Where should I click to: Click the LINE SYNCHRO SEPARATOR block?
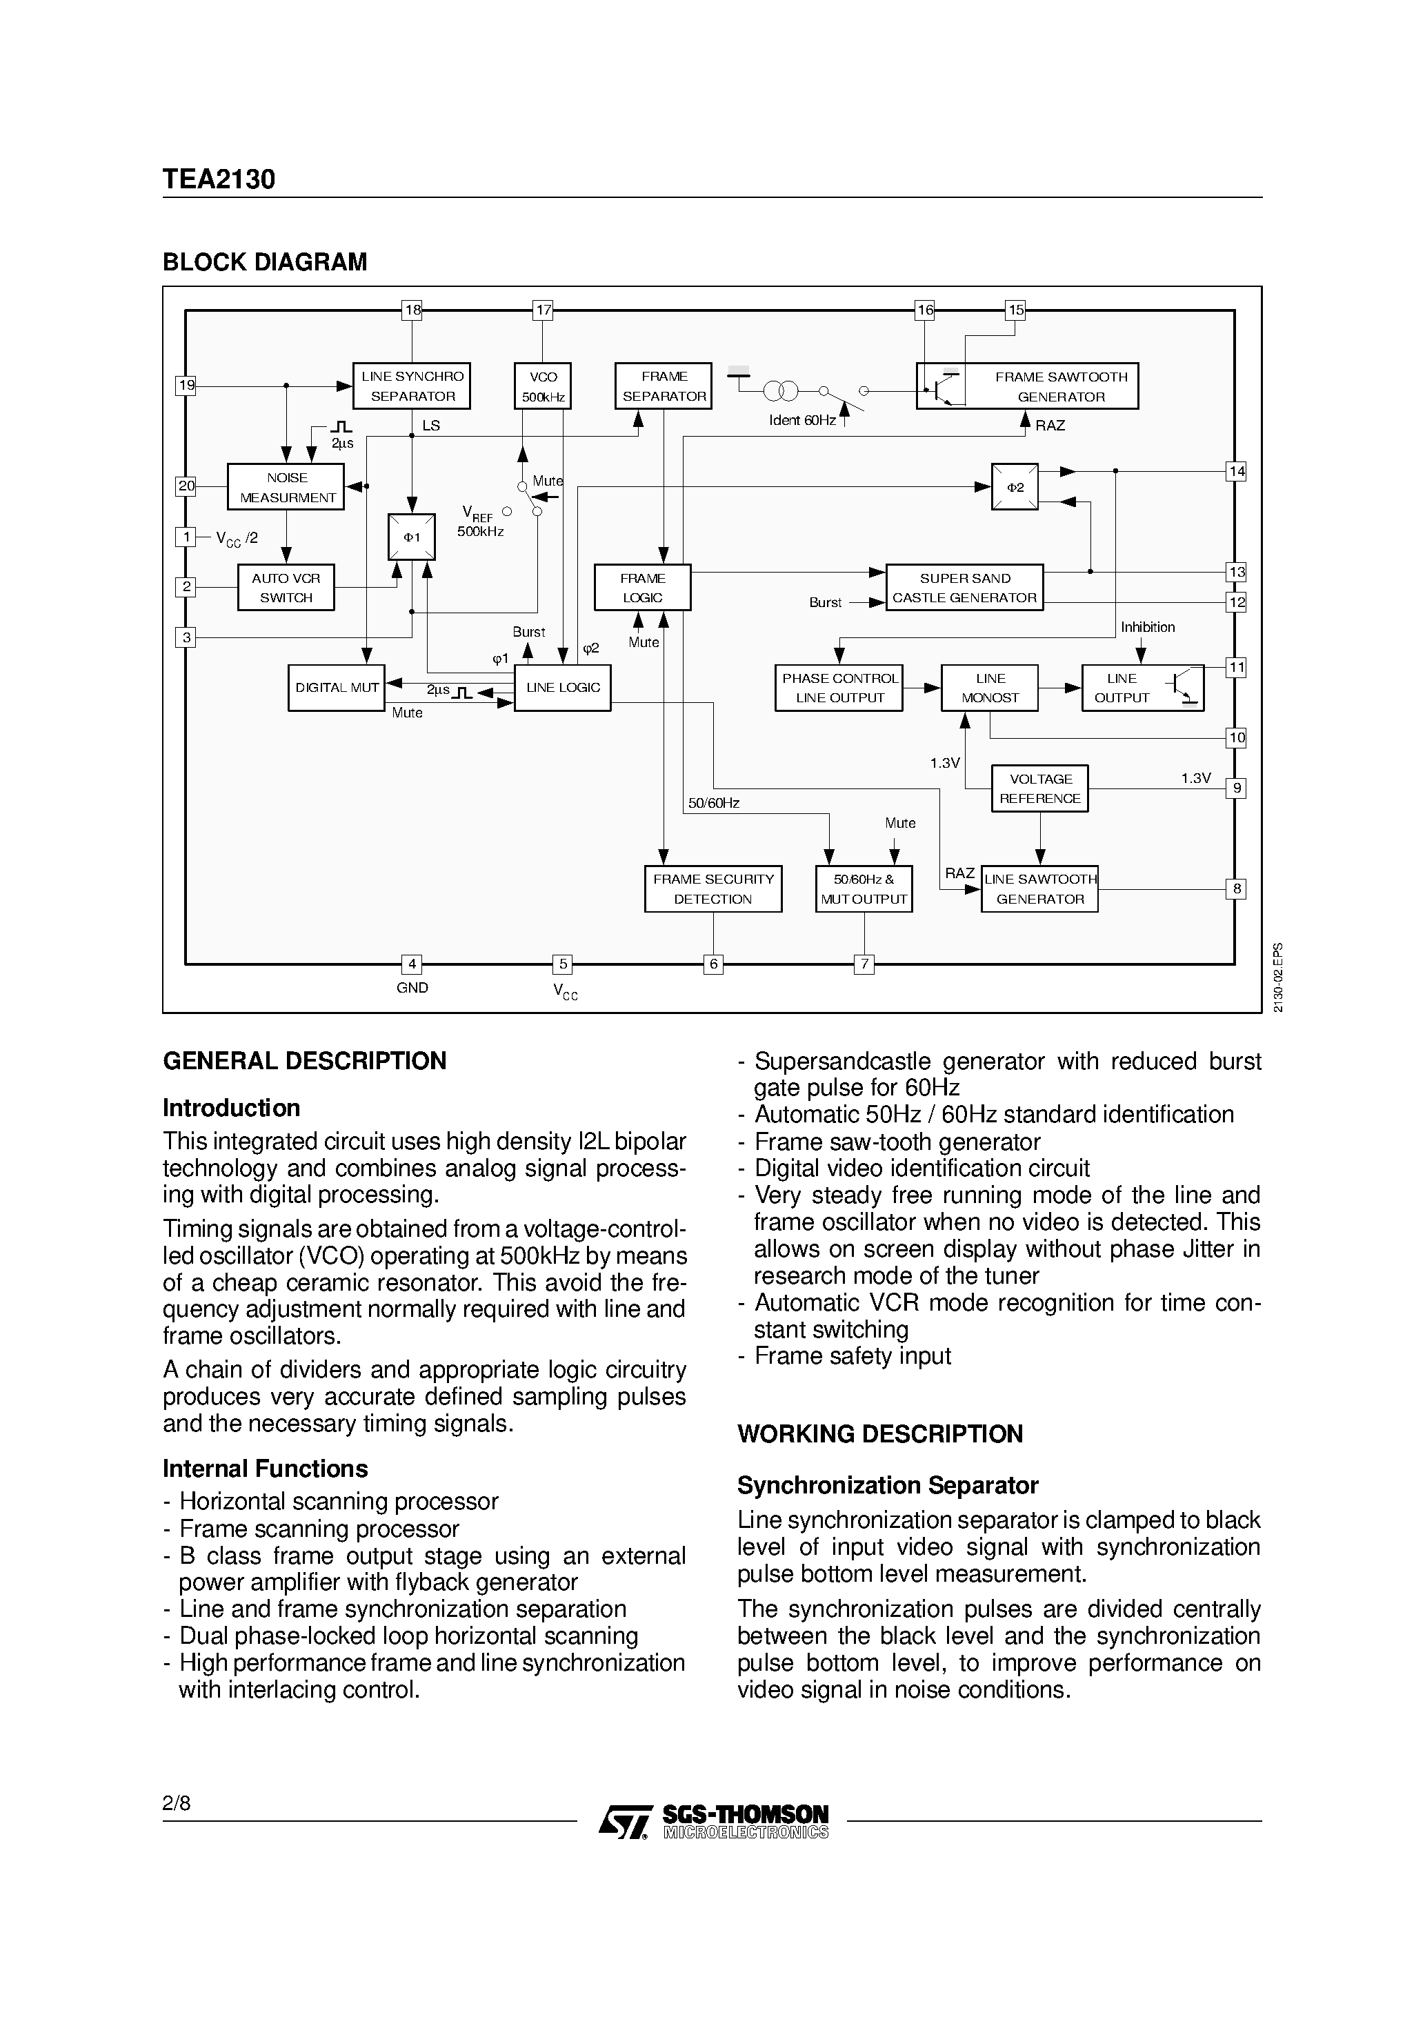[x=411, y=386]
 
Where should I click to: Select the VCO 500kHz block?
[x=542, y=386]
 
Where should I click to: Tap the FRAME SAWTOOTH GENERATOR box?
[x=1027, y=386]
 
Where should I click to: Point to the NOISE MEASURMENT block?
[x=286, y=487]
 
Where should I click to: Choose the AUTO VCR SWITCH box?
[x=286, y=588]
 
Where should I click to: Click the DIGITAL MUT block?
[x=337, y=688]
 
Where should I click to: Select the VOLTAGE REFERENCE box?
[x=1039, y=788]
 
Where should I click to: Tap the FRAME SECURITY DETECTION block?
[x=712, y=888]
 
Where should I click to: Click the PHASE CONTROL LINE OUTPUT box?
[x=839, y=688]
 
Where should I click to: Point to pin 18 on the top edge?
[x=411, y=309]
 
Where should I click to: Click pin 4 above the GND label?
[x=411, y=964]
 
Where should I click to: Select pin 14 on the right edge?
[x=1236, y=471]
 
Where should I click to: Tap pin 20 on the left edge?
[x=186, y=486]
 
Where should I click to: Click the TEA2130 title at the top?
[x=219, y=179]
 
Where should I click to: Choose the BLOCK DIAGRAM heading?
[x=264, y=262]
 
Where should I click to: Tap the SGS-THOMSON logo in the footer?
[x=713, y=1821]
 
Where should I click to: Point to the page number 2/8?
[x=176, y=1804]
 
